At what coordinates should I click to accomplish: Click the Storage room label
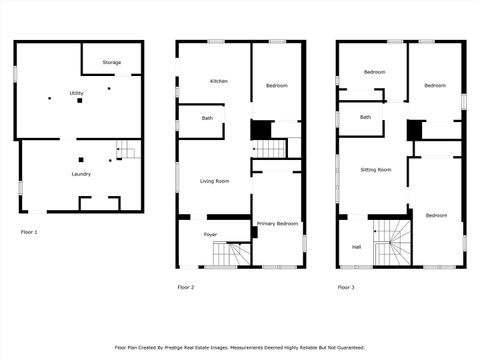click(112, 63)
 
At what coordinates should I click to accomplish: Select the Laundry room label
click(81, 174)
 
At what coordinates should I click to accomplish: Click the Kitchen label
click(219, 81)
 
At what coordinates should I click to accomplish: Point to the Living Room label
click(215, 181)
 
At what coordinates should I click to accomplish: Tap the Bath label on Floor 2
click(207, 119)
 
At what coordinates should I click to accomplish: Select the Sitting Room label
click(376, 170)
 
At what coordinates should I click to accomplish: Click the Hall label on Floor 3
click(356, 247)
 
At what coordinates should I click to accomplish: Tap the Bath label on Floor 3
click(366, 117)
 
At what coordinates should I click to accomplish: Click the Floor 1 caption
click(29, 232)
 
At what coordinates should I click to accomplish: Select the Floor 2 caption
click(186, 287)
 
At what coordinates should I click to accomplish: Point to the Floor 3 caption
click(346, 287)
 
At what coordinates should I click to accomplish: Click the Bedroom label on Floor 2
click(277, 86)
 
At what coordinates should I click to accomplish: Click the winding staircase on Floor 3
click(392, 243)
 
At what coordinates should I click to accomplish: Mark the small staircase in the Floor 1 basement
click(126, 151)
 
